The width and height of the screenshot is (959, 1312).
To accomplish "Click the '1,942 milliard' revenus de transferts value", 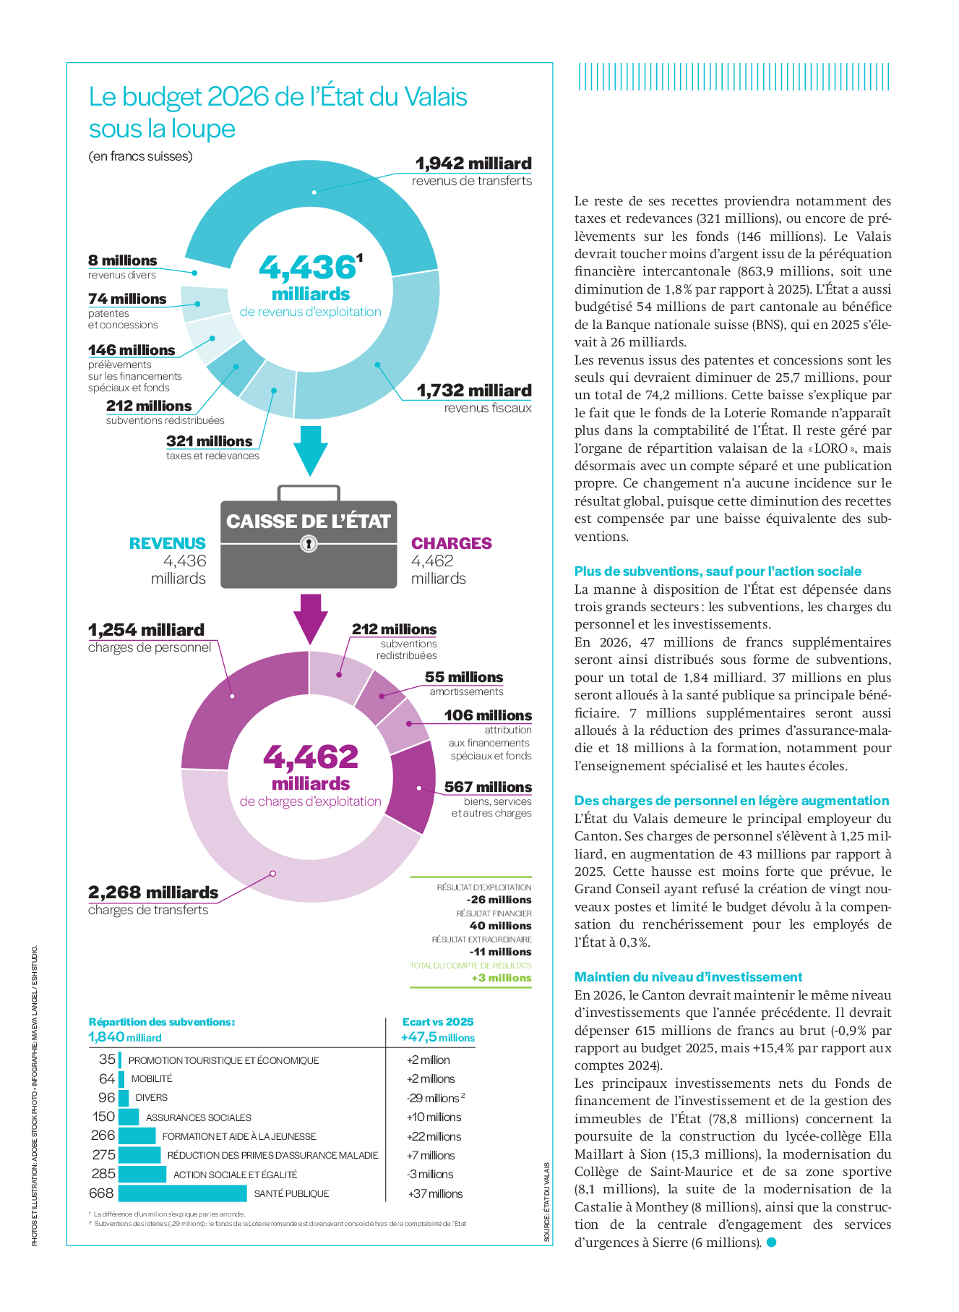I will pos(473,163).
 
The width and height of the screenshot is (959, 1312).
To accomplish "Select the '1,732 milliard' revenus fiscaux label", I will pos(473,391).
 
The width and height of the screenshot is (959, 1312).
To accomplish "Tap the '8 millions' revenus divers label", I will pos(123,260).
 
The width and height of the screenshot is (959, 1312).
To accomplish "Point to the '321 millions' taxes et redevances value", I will pos(209,441).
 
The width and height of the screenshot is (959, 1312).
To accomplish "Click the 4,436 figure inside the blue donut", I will pos(307,268).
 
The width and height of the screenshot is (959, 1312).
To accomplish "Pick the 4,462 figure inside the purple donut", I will pos(311,757).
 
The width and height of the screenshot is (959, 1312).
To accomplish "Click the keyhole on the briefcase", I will pos(309,543).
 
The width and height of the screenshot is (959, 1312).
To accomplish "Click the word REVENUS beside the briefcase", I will pos(168,543).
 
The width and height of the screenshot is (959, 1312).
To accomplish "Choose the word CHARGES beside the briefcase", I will pos(452,543).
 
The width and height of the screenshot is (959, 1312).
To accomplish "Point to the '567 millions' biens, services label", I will pos(488,787).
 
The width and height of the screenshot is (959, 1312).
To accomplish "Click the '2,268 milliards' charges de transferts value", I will pos(153,893).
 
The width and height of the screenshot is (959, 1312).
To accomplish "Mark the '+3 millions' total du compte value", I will pos(501,978).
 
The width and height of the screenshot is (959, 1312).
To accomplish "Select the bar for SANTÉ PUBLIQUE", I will pos(182,1193).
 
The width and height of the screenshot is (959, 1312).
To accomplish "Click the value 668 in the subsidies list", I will pos(101,1193).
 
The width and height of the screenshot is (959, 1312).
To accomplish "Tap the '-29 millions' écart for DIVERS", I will pos(434,1098).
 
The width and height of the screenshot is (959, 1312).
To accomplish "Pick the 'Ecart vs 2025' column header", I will pos(438,1022).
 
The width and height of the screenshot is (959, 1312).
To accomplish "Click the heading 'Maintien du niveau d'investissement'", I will pos(688,977).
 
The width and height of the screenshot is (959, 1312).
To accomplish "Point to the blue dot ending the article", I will pos(771,1242).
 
